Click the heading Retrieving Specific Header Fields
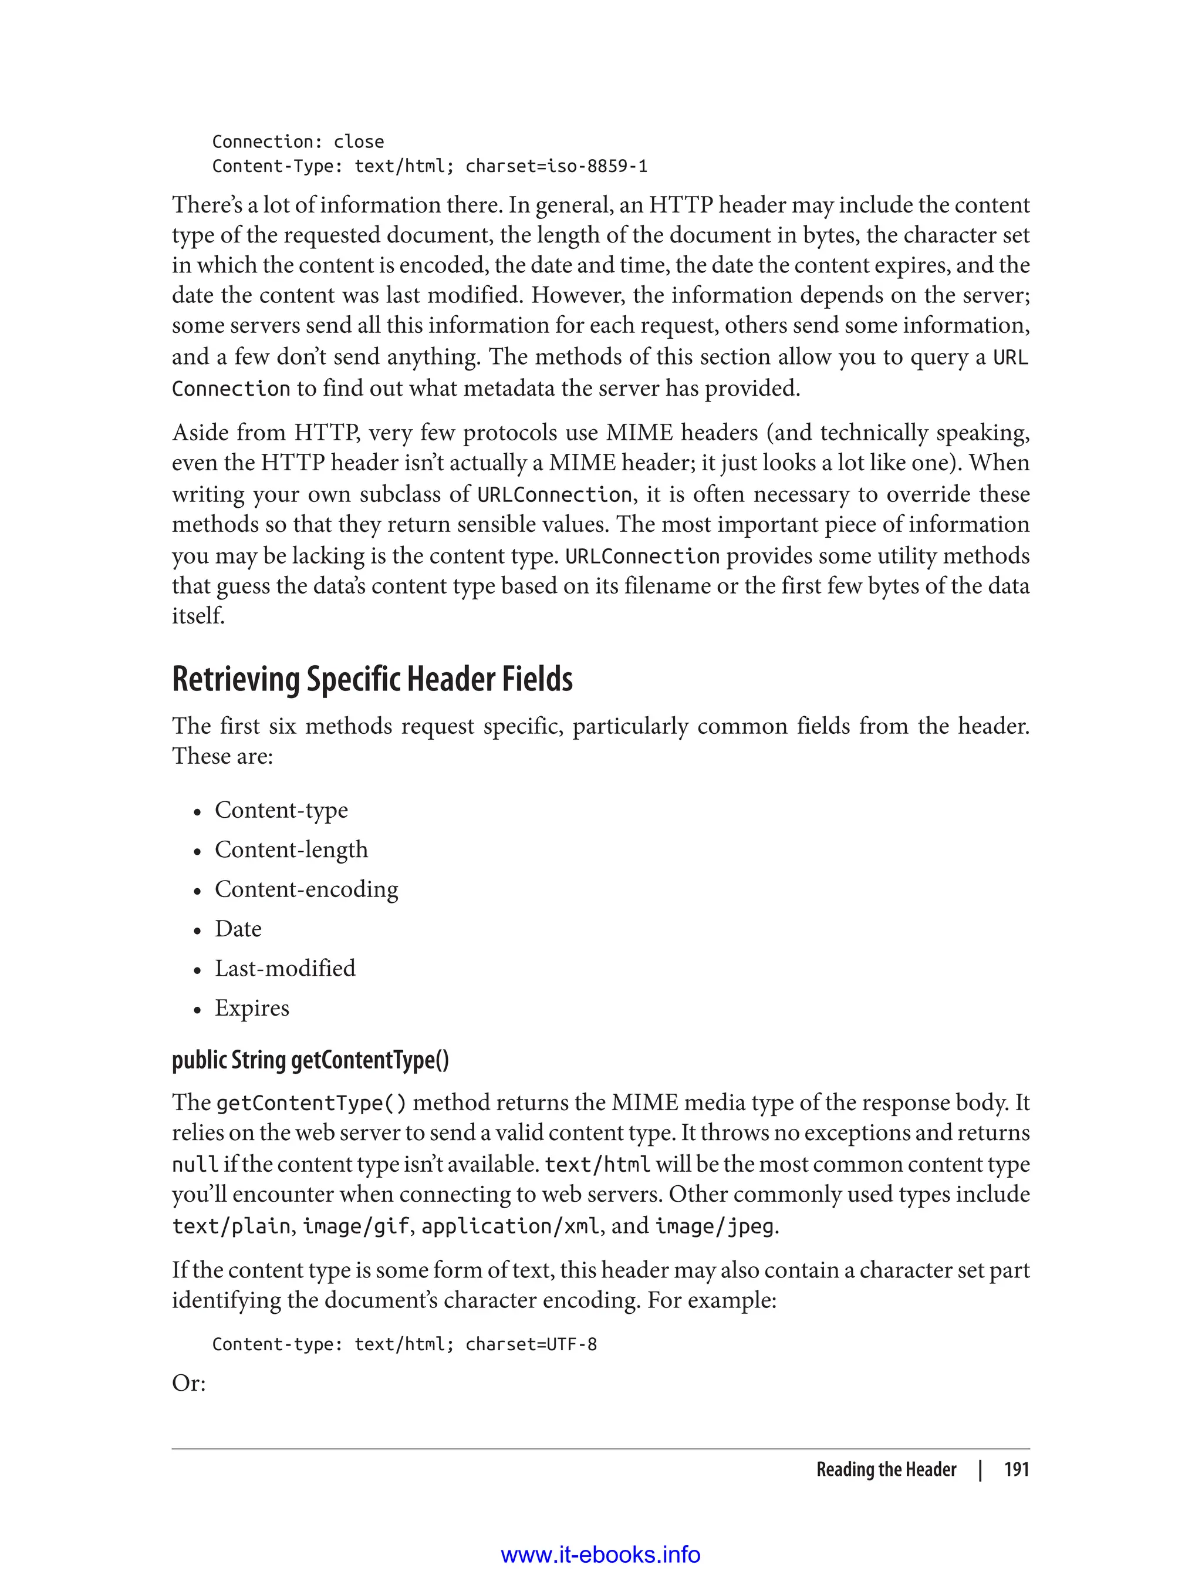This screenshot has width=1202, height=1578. click(372, 679)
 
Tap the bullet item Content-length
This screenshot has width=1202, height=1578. click(291, 849)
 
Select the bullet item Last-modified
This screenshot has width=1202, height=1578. click(285, 968)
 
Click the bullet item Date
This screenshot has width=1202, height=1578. click(238, 929)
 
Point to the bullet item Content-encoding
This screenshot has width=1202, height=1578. click(306, 889)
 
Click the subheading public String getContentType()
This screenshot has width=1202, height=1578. click(310, 1059)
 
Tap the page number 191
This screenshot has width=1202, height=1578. click(1016, 1469)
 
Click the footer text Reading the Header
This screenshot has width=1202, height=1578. click(886, 1469)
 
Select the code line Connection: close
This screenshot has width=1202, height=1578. click(298, 141)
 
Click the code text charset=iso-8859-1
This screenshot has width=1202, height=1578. click(556, 167)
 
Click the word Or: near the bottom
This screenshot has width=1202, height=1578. click(189, 1383)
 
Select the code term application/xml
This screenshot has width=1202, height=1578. click(510, 1226)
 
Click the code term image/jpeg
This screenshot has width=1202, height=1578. click(715, 1226)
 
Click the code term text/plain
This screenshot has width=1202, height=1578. click(231, 1226)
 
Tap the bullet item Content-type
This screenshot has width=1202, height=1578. click(281, 810)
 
